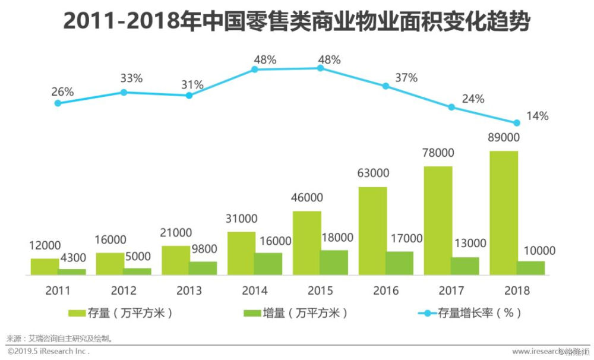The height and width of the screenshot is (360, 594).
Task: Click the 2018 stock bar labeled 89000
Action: click(504, 213)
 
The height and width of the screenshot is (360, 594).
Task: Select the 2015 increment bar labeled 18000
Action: click(334, 263)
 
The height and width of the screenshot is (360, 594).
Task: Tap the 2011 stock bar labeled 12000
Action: click(45, 267)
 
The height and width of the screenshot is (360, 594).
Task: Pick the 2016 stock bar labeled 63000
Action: click(372, 231)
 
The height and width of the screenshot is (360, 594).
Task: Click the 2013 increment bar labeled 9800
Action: click(203, 269)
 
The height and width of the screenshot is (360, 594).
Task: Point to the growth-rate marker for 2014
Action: click(255, 70)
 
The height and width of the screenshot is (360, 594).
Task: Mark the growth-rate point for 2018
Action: click(517, 123)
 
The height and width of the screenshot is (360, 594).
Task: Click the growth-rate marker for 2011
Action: click(58, 103)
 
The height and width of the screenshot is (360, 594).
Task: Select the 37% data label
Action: click(407, 78)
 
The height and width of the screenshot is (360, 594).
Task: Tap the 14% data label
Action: click(538, 116)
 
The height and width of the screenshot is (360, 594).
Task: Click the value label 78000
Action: click(438, 153)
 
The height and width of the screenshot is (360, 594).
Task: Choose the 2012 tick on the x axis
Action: click(124, 291)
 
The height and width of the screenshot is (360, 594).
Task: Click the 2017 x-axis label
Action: click(451, 291)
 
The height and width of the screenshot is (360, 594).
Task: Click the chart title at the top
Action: click(296, 23)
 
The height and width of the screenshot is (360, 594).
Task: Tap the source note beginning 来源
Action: click(59, 339)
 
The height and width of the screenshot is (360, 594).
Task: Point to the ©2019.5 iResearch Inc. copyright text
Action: click(48, 352)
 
